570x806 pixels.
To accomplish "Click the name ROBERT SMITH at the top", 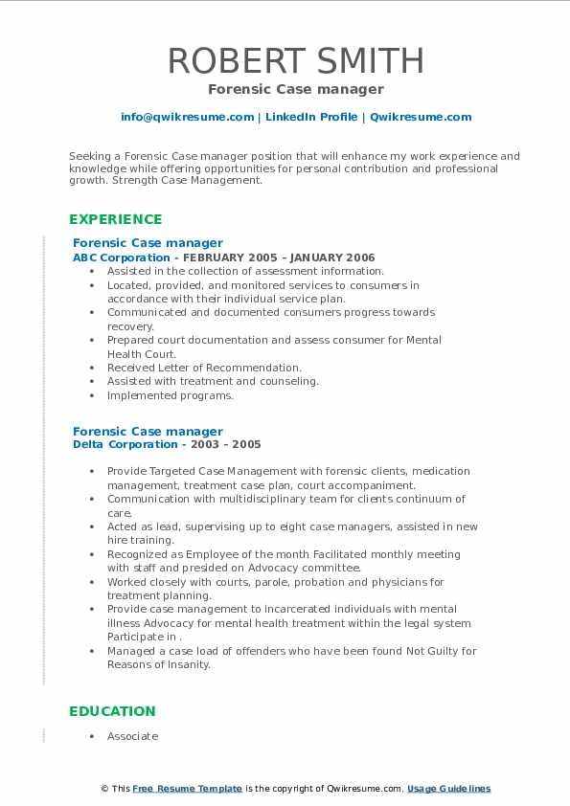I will (295, 60).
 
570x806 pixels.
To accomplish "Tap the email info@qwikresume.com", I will (187, 117).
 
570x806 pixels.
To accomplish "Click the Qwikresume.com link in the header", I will (421, 117).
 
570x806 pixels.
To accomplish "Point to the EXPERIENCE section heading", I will (116, 219).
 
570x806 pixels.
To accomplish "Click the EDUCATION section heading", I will (112, 711).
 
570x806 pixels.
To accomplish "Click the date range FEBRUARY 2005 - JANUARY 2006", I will (279, 257).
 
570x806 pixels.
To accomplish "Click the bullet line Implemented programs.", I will (170, 395).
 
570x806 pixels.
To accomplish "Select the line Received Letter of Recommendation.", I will (204, 368).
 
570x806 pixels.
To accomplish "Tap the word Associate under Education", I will (132, 736).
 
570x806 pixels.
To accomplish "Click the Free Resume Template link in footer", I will (188, 789).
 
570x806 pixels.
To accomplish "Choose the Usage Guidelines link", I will (448, 789).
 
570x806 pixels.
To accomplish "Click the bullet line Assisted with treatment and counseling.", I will (213, 381).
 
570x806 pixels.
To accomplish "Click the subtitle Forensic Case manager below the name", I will (295, 89).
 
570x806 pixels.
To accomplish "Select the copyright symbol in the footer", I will (105, 789).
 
